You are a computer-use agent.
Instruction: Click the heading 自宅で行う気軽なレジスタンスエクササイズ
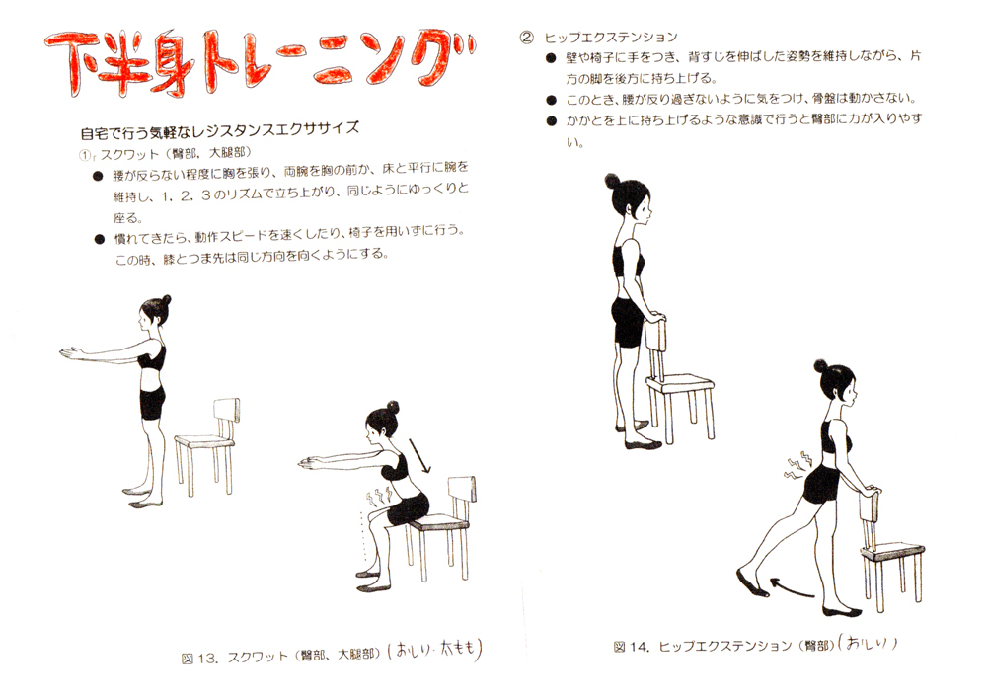(x=218, y=129)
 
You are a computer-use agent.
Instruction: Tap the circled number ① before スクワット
(x=86, y=154)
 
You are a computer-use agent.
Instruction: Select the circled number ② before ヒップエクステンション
(x=526, y=38)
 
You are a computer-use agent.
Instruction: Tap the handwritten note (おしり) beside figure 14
(x=869, y=644)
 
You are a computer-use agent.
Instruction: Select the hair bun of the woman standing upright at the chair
(x=612, y=180)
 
